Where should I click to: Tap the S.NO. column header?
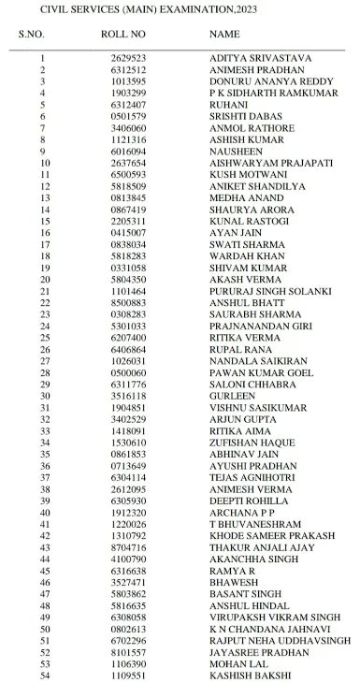30,35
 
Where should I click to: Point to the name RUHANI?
228,104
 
